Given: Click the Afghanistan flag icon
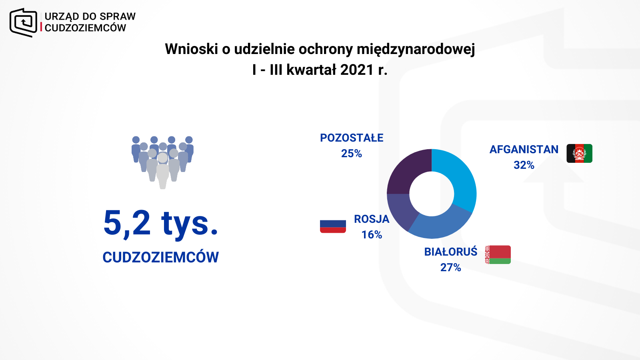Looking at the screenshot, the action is (x=580, y=154).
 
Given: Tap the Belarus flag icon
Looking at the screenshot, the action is (x=498, y=254).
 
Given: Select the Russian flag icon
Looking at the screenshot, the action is (x=333, y=226).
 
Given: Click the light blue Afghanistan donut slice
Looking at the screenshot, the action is (x=460, y=180).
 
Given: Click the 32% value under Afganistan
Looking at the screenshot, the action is (x=524, y=165).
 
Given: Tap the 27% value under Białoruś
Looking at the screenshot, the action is (x=450, y=268).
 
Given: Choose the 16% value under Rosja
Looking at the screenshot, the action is (x=372, y=235).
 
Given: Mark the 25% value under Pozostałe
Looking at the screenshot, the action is (x=352, y=154).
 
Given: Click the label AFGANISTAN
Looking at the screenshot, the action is (x=524, y=150).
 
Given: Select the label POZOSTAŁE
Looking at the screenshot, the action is (x=352, y=138).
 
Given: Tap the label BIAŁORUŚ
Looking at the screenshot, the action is (x=451, y=252).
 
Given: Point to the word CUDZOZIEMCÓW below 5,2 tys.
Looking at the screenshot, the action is (x=160, y=257).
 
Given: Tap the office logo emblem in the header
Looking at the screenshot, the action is (x=24, y=22).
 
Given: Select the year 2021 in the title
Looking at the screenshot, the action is (x=357, y=70).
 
